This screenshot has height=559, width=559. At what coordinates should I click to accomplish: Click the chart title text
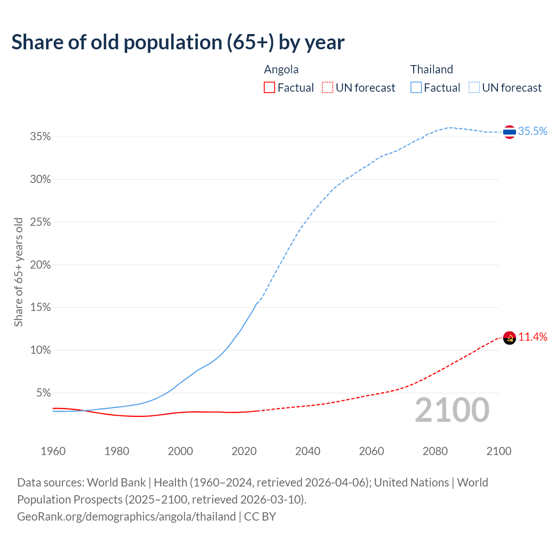click(178, 42)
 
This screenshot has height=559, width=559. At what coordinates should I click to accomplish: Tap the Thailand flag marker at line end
click(509, 131)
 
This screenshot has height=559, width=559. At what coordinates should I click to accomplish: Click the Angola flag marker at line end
click(509, 338)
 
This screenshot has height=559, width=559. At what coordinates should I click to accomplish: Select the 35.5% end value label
click(532, 131)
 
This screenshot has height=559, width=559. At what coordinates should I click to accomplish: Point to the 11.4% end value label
click(532, 337)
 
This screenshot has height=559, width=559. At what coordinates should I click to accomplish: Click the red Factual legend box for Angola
click(269, 88)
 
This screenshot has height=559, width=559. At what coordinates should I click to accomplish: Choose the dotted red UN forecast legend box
click(328, 88)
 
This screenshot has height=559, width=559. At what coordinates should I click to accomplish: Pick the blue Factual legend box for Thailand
click(416, 88)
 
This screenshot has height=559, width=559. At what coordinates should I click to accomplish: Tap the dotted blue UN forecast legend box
click(474, 88)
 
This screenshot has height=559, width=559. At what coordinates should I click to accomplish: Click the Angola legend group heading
click(281, 69)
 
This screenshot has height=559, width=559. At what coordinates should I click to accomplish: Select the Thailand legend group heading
click(431, 69)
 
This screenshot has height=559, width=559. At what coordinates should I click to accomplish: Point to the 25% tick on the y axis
click(40, 222)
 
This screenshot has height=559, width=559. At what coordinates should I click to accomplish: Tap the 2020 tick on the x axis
click(244, 451)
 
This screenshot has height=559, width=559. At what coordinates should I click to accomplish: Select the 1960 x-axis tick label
click(53, 451)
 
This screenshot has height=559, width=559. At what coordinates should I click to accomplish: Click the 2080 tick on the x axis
click(435, 451)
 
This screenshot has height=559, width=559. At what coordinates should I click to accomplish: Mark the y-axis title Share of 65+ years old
click(18, 272)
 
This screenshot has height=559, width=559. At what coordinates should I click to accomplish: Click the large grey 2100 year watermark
click(452, 410)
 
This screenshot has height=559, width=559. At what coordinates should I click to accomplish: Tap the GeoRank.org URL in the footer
click(126, 517)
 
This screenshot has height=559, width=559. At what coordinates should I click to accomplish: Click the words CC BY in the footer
click(260, 517)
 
